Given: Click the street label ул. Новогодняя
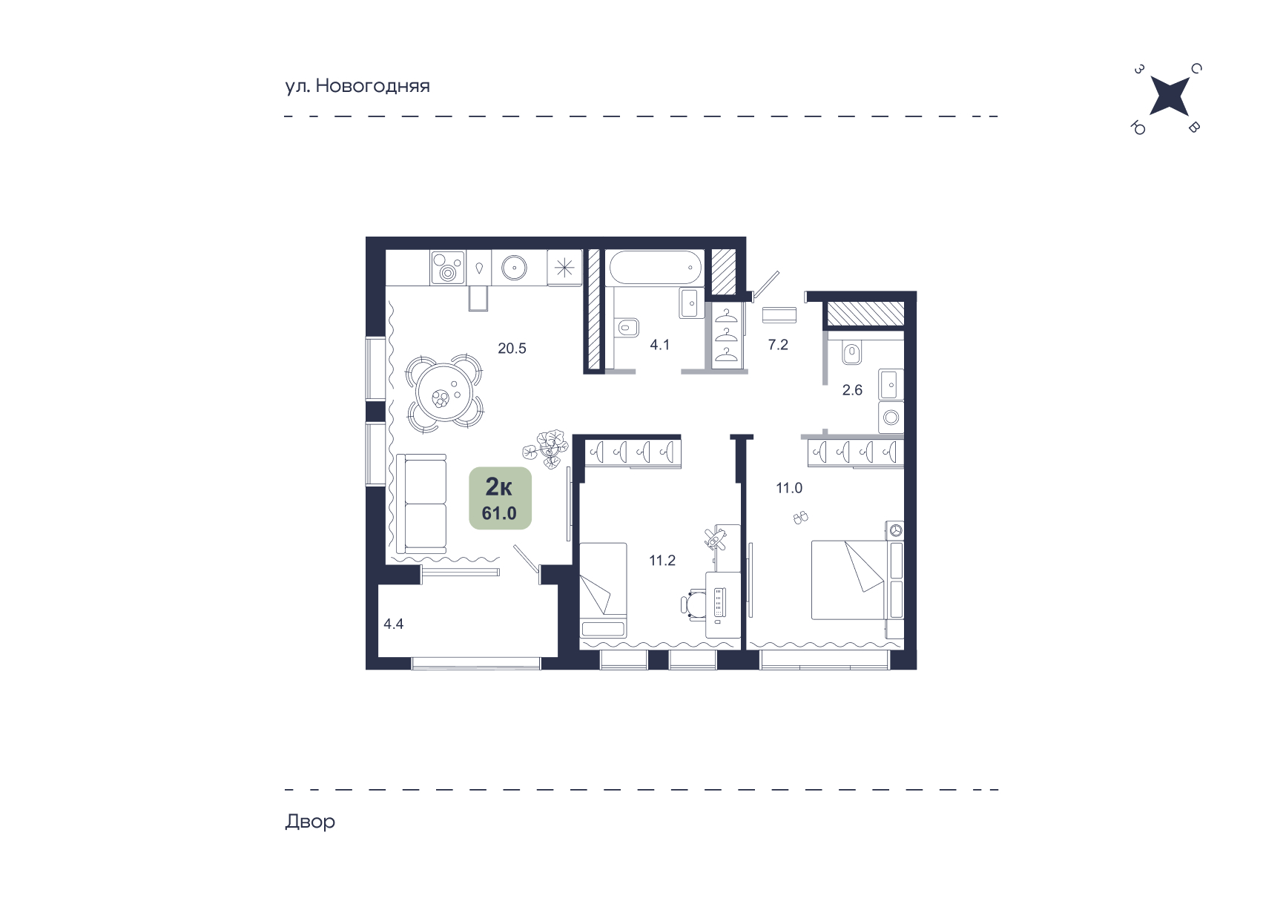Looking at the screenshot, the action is point(357,86).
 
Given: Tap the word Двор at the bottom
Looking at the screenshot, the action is point(310,822).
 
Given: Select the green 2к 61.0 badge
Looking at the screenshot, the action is point(500,498).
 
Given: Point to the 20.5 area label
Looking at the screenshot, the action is point(512,348).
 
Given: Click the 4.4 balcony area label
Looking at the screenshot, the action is point(393,624).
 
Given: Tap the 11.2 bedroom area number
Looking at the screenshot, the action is point(662,561).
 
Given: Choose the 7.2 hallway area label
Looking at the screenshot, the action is point(778,344).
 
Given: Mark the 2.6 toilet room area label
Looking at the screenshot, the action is point(852,390).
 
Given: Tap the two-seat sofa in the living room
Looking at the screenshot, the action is point(421,504).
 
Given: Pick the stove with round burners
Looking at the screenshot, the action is point(447,267).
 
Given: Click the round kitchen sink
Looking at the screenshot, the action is point(513,268).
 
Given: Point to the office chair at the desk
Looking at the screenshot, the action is point(693,603).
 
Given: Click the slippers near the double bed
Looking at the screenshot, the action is point(801,518).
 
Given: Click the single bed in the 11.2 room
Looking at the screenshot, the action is point(603,590).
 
